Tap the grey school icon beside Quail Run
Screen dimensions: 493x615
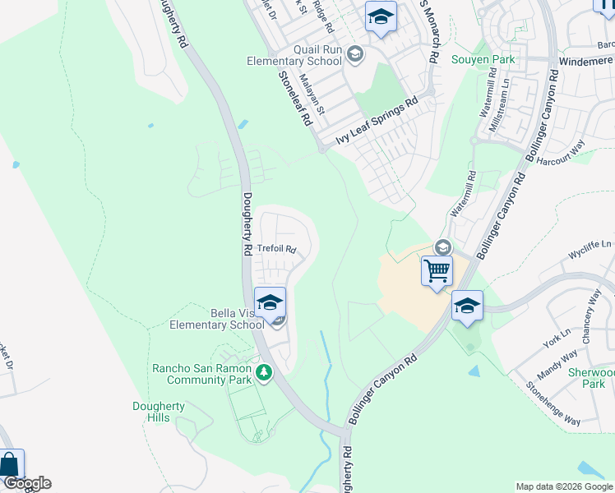(x=355, y=55)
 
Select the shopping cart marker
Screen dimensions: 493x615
(x=437, y=270)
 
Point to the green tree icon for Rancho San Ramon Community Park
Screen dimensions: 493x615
(x=264, y=374)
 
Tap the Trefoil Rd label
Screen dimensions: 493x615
(x=275, y=248)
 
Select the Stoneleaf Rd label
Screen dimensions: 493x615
(x=298, y=97)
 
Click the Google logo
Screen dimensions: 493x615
(x=26, y=483)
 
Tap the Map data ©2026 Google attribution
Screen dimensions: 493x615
(x=563, y=486)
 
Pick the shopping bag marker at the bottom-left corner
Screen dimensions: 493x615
(x=9, y=465)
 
